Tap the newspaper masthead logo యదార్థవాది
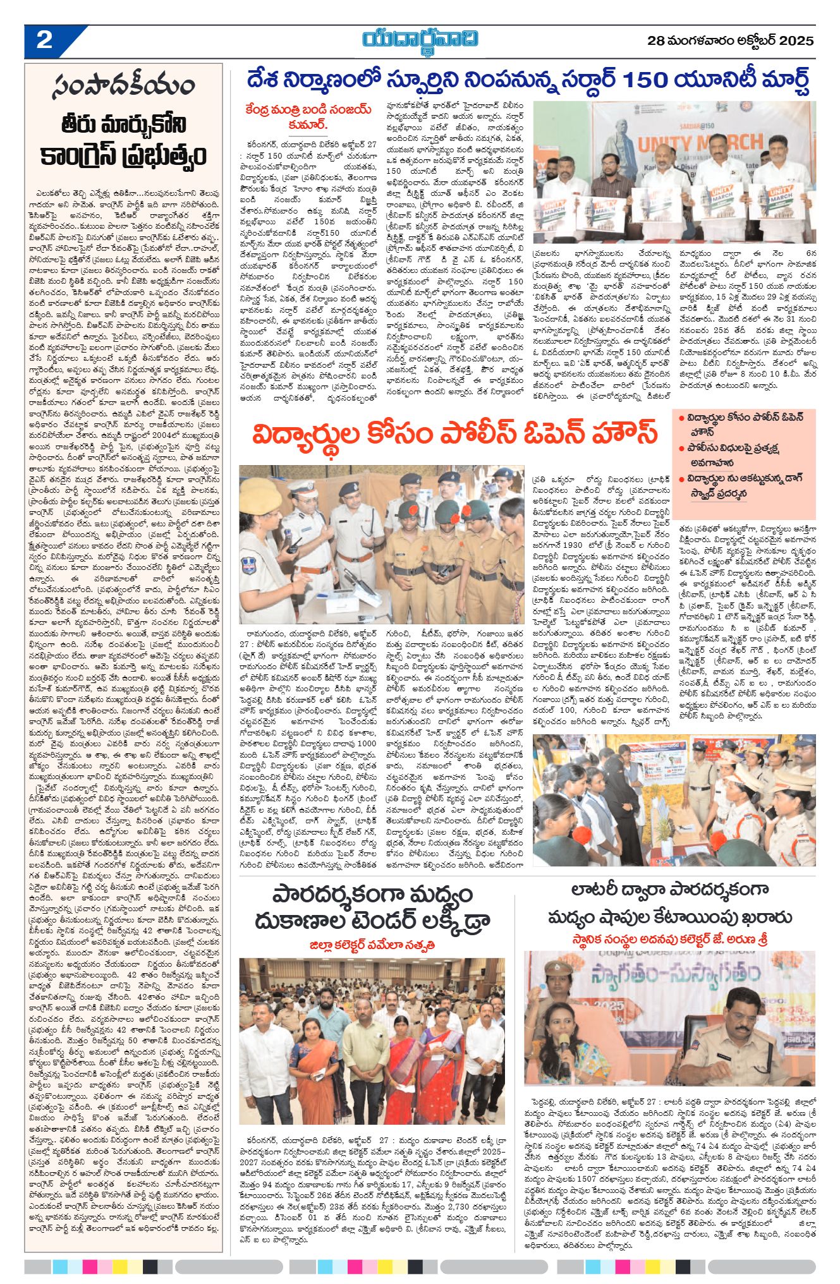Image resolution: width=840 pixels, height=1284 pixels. click(x=420, y=39)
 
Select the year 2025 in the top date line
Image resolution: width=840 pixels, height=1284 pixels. click(x=796, y=42)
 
